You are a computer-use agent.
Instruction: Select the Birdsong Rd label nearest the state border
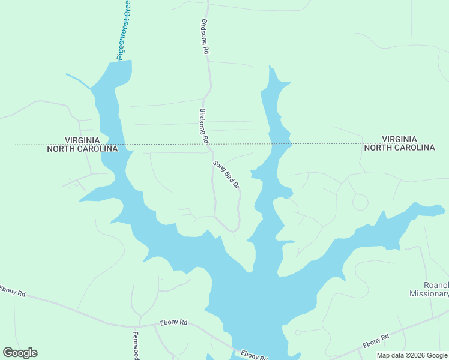click(203, 125)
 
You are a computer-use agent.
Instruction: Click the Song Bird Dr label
click(226, 175)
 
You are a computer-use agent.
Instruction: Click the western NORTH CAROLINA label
click(82, 149)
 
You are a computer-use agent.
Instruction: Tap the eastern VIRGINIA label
click(399, 139)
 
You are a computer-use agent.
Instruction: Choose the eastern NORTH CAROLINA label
click(399, 148)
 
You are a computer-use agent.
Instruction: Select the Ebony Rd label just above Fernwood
click(174, 323)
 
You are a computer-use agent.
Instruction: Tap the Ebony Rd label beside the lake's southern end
click(253, 355)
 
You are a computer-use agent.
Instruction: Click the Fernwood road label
click(136, 346)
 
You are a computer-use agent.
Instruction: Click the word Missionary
click(429, 294)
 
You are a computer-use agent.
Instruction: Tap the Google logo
click(20, 353)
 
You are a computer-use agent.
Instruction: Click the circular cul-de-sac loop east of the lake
click(360, 203)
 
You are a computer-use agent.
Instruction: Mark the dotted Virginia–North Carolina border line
click(336, 143)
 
